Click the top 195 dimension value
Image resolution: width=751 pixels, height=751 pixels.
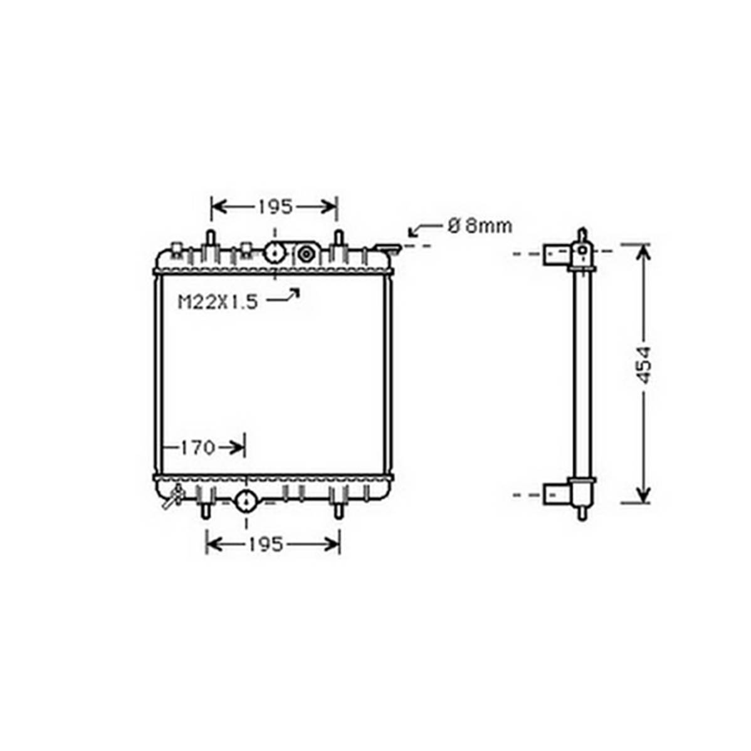coord(275,207)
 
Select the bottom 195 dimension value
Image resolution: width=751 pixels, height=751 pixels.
coord(266,544)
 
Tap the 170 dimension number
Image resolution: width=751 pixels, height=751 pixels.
coord(198,448)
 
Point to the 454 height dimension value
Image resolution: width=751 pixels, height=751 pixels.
coord(645,365)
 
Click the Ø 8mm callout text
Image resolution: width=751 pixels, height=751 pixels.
coord(480,226)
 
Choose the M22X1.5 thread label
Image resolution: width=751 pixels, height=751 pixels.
coord(218,302)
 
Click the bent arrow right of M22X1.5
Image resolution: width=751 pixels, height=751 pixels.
coord(283,295)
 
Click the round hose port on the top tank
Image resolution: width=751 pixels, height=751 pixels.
coord(275,253)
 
